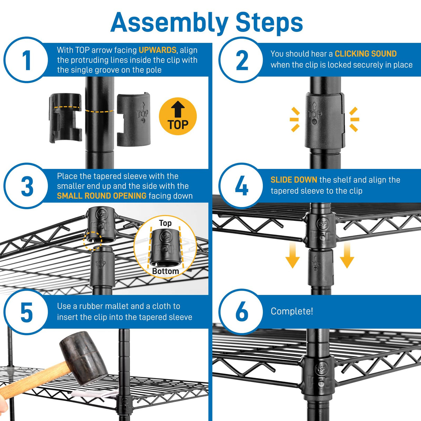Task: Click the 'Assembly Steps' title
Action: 207,23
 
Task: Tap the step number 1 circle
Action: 26,60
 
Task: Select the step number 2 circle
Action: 241,60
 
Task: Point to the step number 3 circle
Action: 26,186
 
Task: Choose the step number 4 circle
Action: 241,186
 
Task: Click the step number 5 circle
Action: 26,312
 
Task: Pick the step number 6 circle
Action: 241,311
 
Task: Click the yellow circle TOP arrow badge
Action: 178,116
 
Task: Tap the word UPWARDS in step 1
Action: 157,50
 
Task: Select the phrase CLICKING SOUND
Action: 366,54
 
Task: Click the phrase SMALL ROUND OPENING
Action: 102,196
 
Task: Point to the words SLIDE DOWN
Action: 294,180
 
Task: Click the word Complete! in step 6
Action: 292,311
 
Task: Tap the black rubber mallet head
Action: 83,357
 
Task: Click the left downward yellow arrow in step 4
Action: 292,257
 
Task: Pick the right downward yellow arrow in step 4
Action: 347,257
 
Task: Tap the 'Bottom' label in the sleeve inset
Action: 165,271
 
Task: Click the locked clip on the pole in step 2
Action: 324,120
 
